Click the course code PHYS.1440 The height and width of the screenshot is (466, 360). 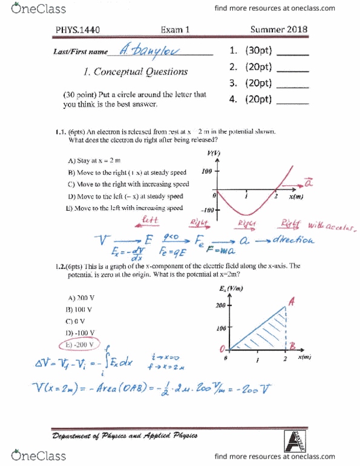tap(74, 29)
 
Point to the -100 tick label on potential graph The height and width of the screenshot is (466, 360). tap(208, 211)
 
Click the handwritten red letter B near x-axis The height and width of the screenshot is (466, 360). tap(292, 346)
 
